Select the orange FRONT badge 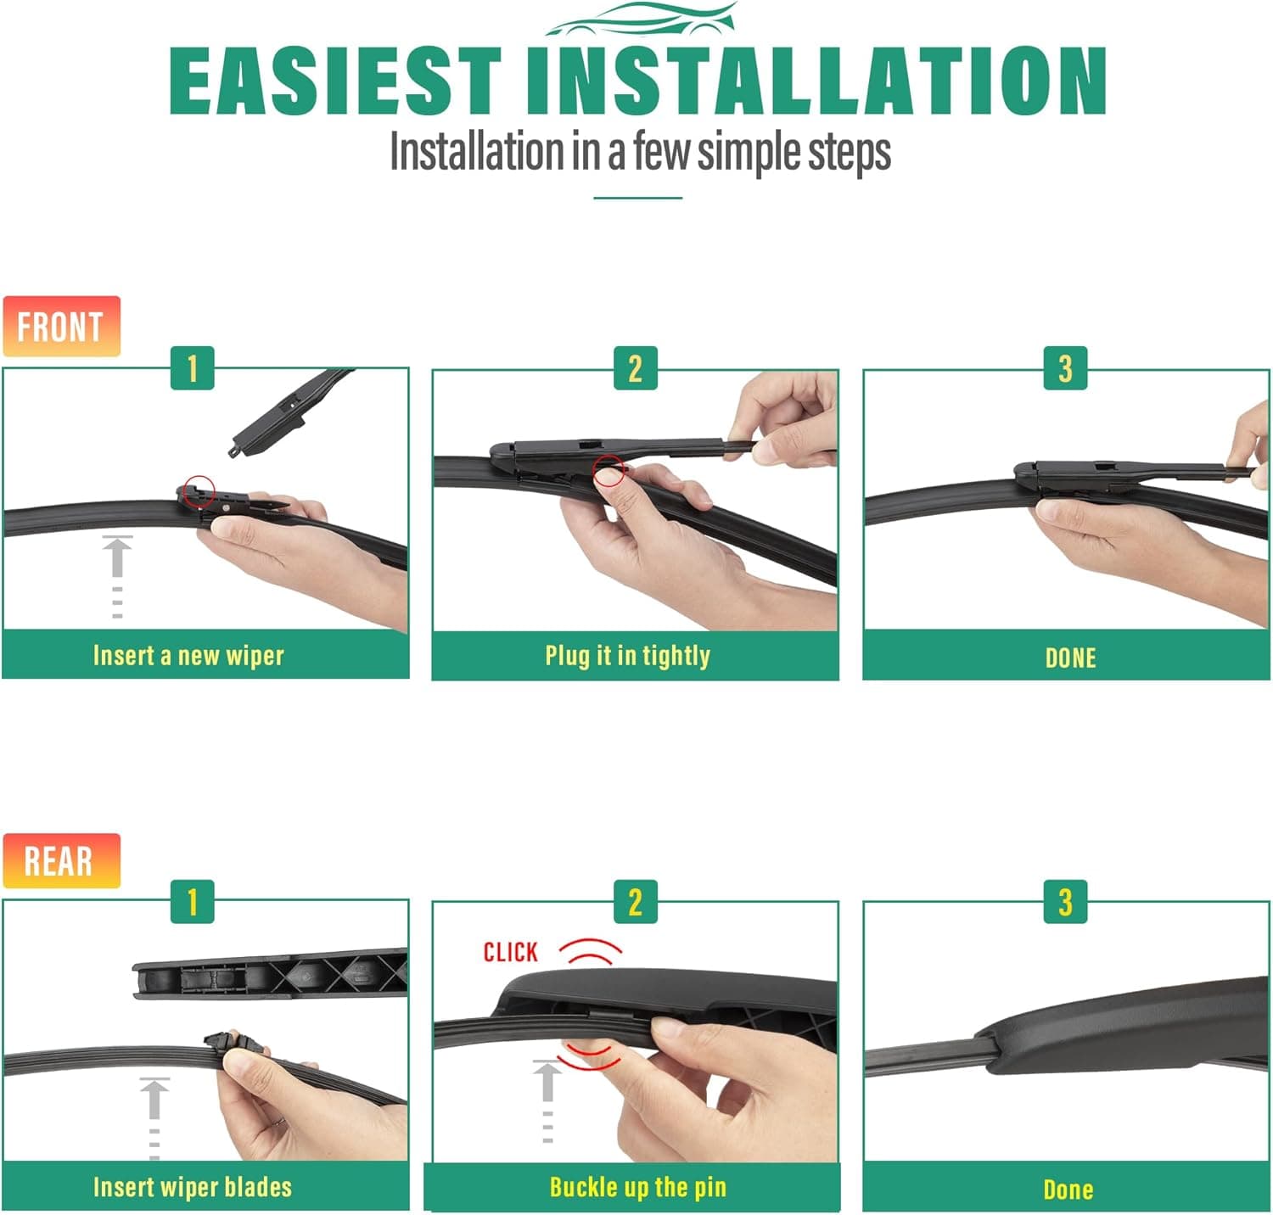[61, 327]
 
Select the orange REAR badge [61, 860]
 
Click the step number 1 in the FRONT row [193, 368]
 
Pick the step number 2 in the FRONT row [635, 368]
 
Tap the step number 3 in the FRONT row [1065, 368]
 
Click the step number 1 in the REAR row [193, 902]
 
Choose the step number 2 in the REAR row [635, 902]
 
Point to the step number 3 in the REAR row [1065, 902]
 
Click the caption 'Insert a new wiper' [188, 656]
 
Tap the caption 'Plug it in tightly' [628, 656]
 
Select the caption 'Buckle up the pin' [638, 1187]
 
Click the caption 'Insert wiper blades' [193, 1187]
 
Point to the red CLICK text [511, 952]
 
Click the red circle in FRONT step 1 [199, 491]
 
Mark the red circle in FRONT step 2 [608, 470]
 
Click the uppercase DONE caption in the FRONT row [1070, 658]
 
